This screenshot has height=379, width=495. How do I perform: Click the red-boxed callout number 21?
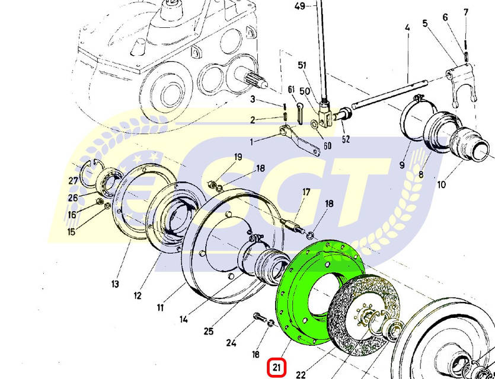coord(277,368)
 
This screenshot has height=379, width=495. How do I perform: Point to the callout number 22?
coord(301,374)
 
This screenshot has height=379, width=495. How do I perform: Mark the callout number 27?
coord(73,181)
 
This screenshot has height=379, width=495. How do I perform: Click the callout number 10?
coord(441,184)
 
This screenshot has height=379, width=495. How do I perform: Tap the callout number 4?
coord(408,28)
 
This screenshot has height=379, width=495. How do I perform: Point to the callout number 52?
coord(346,140)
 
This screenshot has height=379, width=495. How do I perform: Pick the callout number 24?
coord(231,342)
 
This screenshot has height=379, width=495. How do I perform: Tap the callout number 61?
coord(291,89)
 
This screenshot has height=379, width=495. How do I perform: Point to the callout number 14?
coord(184,319)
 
